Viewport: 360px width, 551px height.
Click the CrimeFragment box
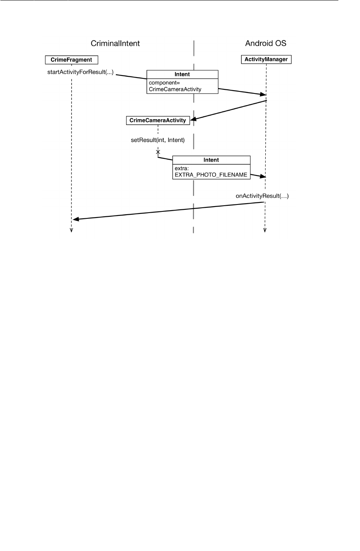click(71, 60)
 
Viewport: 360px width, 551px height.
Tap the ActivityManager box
click(266, 60)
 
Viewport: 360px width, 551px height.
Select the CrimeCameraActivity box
click(158, 120)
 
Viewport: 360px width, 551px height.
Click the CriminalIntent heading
click(115, 43)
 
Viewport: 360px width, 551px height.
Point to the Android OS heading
click(266, 43)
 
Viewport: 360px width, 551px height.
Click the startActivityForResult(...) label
click(80, 73)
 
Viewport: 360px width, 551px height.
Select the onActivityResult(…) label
click(262, 196)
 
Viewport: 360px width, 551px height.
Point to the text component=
click(162, 82)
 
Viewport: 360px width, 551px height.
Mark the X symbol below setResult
click(158, 152)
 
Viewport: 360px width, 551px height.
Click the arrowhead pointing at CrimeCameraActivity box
click(193, 119)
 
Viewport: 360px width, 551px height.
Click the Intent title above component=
click(182, 75)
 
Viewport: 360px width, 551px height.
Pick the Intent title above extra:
click(211, 160)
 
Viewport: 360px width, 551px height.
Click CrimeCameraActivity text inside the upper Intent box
click(175, 89)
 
